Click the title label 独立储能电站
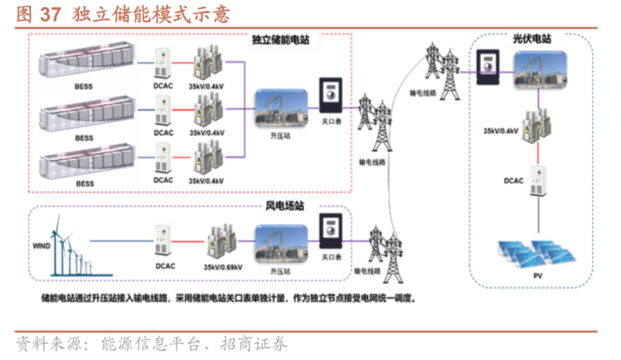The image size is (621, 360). (x=280, y=40)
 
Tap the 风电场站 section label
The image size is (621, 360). (x=285, y=207)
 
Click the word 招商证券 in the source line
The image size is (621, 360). (x=257, y=344)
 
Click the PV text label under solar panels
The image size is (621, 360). (x=536, y=277)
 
